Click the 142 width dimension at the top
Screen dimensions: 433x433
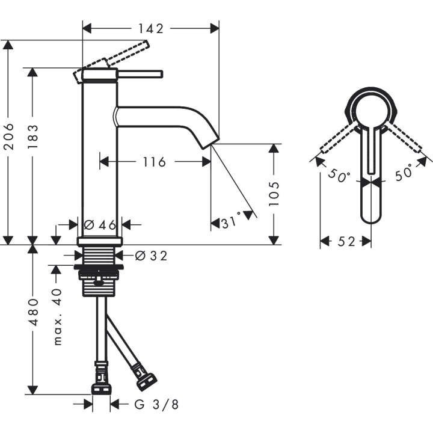tap(150, 28)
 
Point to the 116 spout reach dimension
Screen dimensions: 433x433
tap(154, 161)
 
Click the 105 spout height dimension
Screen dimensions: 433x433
tap(274, 194)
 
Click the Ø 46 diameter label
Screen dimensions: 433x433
tap(100, 225)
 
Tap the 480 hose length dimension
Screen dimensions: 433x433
tap(33, 313)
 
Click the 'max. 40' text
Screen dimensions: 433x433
tap(57, 316)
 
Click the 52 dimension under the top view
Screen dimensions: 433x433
tap(346, 241)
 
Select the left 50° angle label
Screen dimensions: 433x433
tap(339, 176)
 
